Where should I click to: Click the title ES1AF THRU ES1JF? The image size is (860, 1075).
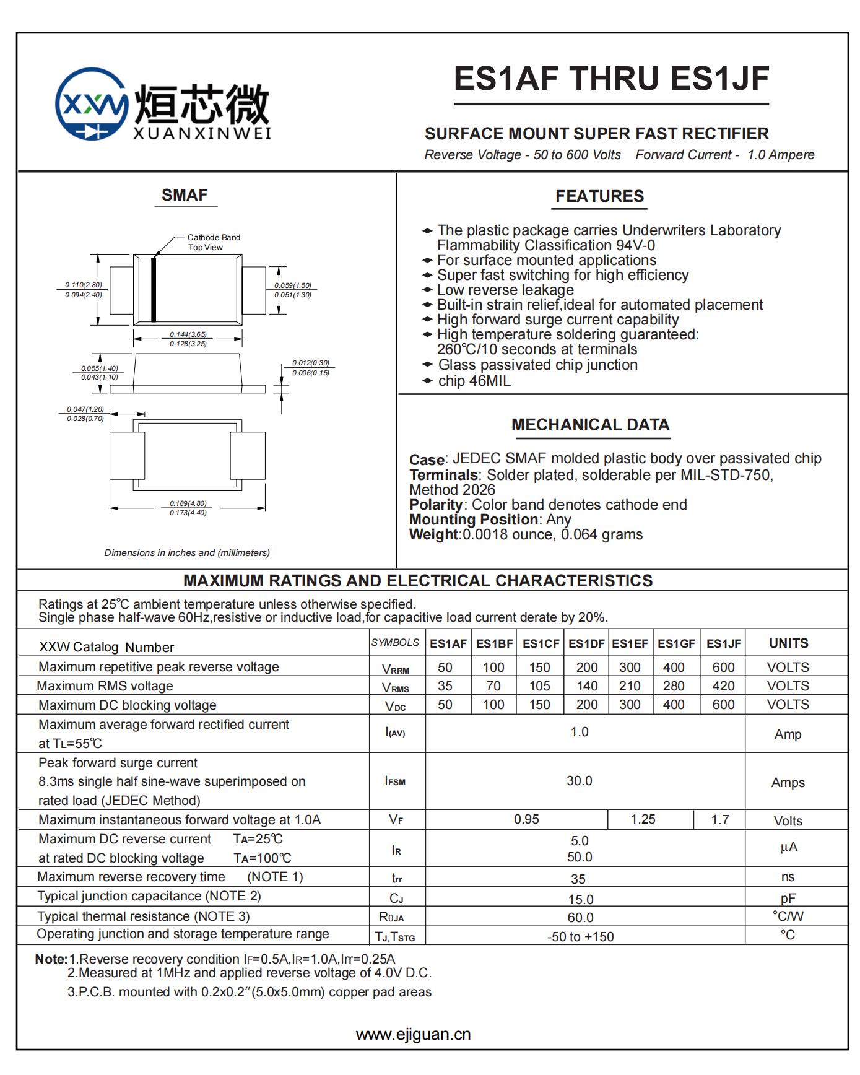click(x=611, y=79)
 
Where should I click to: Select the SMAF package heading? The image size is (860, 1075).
click(x=185, y=196)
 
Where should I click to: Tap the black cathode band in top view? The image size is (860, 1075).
click(x=154, y=289)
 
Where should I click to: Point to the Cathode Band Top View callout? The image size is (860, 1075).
click(x=214, y=242)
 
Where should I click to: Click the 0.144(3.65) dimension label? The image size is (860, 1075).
click(x=188, y=334)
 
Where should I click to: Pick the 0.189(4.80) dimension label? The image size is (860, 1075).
click(x=188, y=503)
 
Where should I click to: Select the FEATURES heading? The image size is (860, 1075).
click(x=599, y=196)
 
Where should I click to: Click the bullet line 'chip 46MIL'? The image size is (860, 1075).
click(x=474, y=381)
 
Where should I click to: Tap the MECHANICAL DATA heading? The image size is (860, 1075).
click(x=590, y=425)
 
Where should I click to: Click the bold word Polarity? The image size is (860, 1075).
click(x=436, y=505)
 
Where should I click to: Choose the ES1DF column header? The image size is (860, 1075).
click(x=586, y=643)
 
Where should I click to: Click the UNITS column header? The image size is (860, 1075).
click(x=788, y=643)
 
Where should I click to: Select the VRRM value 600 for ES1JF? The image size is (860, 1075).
click(x=723, y=668)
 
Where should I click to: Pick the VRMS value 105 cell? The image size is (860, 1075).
click(x=539, y=686)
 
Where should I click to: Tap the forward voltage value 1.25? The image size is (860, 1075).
click(x=643, y=819)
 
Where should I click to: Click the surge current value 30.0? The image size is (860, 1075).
click(x=579, y=781)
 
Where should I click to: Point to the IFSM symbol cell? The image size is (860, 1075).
click(x=395, y=781)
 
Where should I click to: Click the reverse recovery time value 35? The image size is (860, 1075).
click(x=578, y=879)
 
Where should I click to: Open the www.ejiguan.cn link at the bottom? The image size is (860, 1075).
click(x=413, y=1034)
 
